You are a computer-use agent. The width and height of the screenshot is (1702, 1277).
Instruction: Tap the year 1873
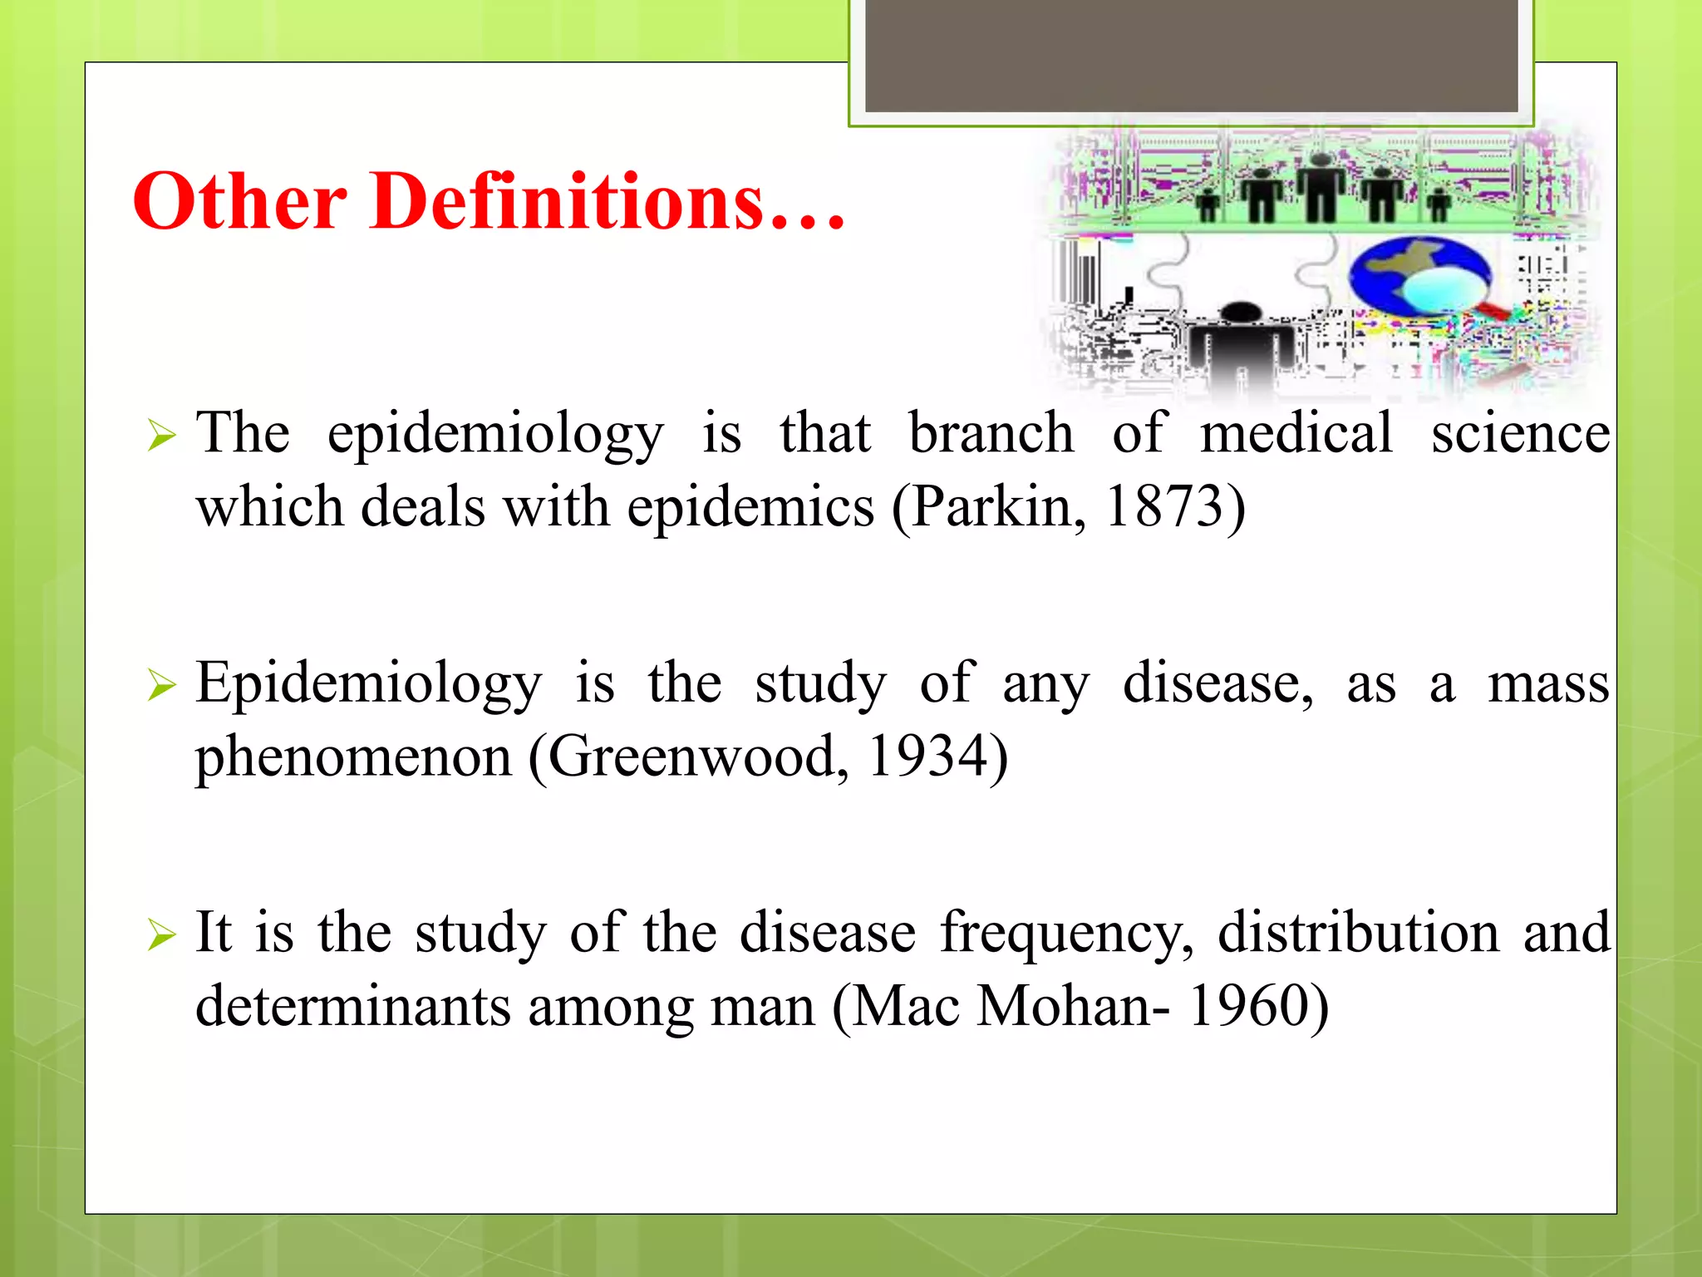coord(1163,506)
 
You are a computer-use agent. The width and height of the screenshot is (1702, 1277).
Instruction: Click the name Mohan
coord(1063,1007)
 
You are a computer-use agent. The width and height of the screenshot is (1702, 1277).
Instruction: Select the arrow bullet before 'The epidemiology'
coord(161,436)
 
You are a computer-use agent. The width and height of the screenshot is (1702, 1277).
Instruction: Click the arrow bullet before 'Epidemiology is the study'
coord(161,686)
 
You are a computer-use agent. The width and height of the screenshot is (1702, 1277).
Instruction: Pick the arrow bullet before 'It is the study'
coord(161,936)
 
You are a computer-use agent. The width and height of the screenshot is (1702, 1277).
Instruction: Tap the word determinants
coord(353,1007)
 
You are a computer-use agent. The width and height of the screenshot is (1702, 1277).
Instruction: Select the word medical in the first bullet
coord(1296,433)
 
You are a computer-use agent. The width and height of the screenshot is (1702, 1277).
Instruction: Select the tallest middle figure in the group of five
coord(1321,187)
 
